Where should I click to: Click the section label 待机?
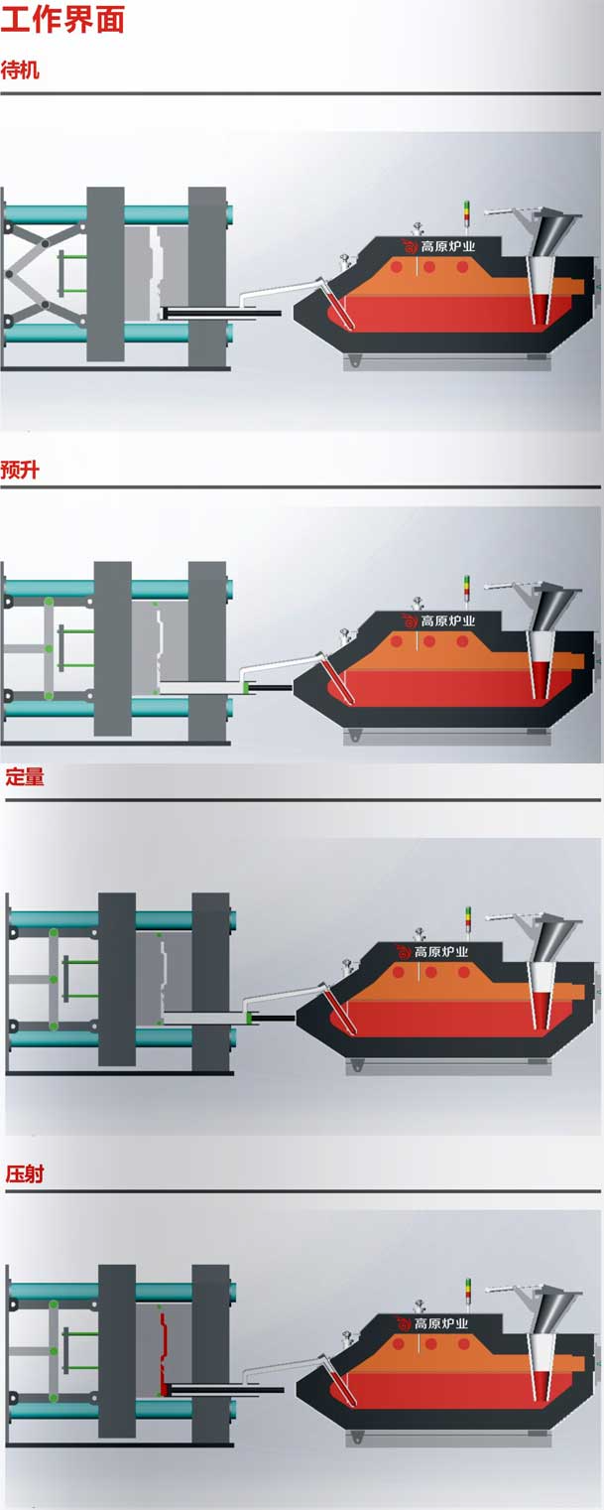pyautogui.click(x=20, y=70)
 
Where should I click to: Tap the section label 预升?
pyautogui.click(x=20, y=470)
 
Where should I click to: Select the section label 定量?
pyautogui.click(x=25, y=777)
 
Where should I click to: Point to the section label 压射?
pyautogui.click(x=25, y=1174)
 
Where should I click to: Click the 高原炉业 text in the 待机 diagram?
pyautogui.click(x=447, y=247)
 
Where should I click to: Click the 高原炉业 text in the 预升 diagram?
pyautogui.click(x=447, y=620)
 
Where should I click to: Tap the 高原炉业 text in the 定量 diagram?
pyautogui.click(x=441, y=952)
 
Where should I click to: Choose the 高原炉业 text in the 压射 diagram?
pyautogui.click(x=441, y=1323)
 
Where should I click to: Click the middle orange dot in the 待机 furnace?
pyautogui.click(x=428, y=268)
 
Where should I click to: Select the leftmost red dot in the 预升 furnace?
pyautogui.click(x=397, y=641)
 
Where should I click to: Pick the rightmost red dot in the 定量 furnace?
pyautogui.click(x=463, y=973)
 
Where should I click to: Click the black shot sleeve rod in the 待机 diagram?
pyautogui.click(x=221, y=313)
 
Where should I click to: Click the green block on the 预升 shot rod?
pyautogui.click(x=247, y=687)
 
